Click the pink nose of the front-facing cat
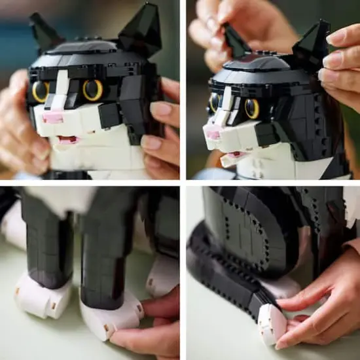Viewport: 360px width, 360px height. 52,118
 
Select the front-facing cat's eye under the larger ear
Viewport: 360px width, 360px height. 92,90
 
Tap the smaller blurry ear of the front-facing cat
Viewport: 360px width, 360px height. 43,31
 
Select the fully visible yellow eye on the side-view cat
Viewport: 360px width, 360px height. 252,108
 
